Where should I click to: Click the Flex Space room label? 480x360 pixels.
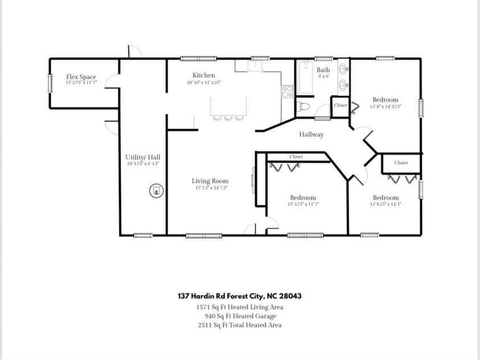[x=81, y=77]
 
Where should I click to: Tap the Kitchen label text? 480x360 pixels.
[x=203, y=75]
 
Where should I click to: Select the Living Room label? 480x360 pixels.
[x=210, y=181]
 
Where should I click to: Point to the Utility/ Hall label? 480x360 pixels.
[x=142, y=157]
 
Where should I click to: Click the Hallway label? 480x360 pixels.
[x=311, y=134]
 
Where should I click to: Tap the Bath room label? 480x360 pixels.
[x=323, y=70]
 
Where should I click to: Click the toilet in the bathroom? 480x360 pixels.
[x=303, y=107]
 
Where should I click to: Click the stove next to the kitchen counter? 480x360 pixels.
[x=287, y=90]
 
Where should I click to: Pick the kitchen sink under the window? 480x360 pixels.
[x=256, y=66]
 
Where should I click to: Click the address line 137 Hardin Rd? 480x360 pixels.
[x=239, y=296]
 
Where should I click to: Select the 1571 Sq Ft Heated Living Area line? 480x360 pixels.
[x=239, y=307]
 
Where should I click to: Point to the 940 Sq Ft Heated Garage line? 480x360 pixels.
[x=240, y=316]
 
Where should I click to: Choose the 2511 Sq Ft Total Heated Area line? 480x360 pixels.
[x=239, y=325]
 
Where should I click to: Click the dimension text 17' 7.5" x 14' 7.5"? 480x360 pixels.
[x=210, y=188]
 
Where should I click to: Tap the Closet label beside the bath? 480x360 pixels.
[x=340, y=105]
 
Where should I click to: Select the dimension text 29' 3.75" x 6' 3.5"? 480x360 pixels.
[x=142, y=163]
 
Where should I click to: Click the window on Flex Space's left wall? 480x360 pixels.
[x=50, y=83]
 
